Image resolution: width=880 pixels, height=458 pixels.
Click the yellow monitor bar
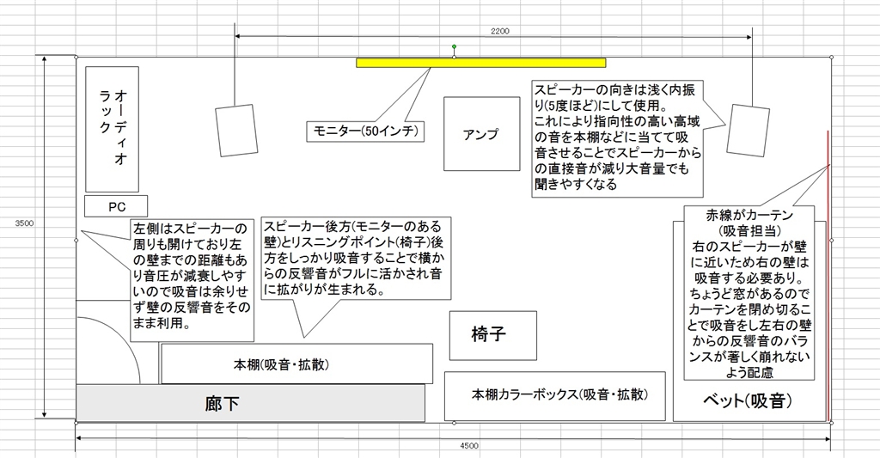pyautogui.click(x=481, y=63)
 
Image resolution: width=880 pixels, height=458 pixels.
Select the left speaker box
pyautogui.click(x=236, y=131)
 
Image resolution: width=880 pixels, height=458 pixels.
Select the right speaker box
pyautogui.click(x=749, y=131)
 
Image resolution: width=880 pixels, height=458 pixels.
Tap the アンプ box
pyautogui.click(x=481, y=133)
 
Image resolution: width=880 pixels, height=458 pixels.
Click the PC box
pyautogui.click(x=116, y=206)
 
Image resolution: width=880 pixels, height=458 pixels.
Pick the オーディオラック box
pyautogui.click(x=113, y=129)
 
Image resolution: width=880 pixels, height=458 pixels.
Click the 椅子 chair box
pyautogui.click(x=492, y=335)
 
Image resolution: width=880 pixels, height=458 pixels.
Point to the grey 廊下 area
pyautogui.click(x=250, y=402)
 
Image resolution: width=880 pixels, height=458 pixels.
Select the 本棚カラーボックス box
pyautogui.click(x=555, y=395)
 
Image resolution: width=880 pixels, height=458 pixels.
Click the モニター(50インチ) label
pyautogui.click(x=365, y=131)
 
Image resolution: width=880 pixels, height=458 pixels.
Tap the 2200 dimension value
pyautogui.click(x=500, y=32)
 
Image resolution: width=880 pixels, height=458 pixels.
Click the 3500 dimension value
pyautogui.click(x=24, y=223)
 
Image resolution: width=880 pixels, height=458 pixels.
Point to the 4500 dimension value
pyautogui.click(x=469, y=446)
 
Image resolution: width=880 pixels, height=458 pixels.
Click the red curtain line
pyautogui.click(x=828, y=276)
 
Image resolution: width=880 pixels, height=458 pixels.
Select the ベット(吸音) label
pyautogui.click(x=748, y=400)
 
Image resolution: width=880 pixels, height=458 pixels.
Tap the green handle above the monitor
pyautogui.click(x=454, y=46)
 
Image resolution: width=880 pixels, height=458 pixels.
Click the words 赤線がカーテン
pyautogui.click(x=749, y=215)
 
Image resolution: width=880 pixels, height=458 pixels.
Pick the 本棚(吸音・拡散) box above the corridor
pyautogui.click(x=296, y=363)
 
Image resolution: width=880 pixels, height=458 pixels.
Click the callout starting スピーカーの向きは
pyautogui.click(x=617, y=138)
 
